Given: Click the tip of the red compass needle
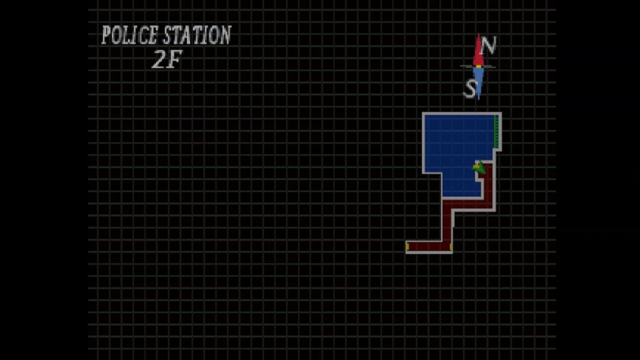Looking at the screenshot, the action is click(x=478, y=34).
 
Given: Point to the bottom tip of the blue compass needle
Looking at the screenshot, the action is click(x=478, y=99).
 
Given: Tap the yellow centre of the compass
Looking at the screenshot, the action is click(x=478, y=66).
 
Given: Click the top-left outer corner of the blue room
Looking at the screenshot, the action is click(x=423, y=113).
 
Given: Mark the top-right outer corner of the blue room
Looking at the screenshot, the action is click(x=501, y=113).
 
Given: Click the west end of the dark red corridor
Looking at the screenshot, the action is click(x=406, y=246).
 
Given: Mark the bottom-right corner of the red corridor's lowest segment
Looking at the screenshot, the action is click(x=452, y=252).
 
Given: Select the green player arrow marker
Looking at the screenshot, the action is click(x=479, y=167).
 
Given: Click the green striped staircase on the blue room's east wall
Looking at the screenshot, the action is click(x=496, y=131).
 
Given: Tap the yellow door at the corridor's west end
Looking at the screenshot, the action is click(x=407, y=246).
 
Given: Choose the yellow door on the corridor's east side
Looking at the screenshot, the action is click(x=451, y=246).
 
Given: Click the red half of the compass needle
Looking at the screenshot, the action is click(x=478, y=50).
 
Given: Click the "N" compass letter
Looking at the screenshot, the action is click(x=487, y=46).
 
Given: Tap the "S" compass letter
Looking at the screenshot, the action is click(x=470, y=89).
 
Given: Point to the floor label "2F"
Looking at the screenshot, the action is click(x=166, y=59).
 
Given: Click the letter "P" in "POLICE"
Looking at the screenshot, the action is click(x=106, y=35).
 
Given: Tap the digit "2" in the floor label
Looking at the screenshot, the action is click(x=158, y=59).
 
